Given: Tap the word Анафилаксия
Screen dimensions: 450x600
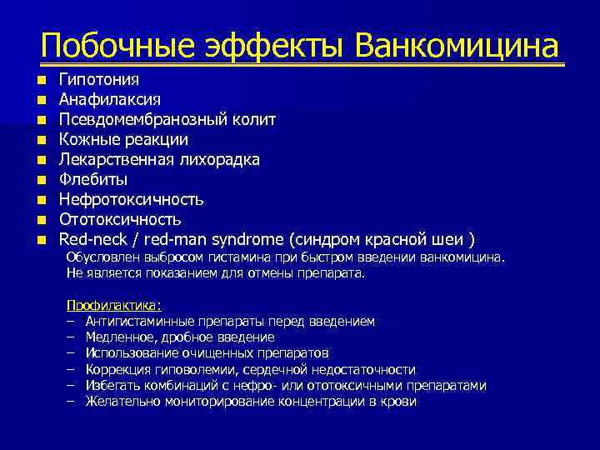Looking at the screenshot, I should (x=110, y=99).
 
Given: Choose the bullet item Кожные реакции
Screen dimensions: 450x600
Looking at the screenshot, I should (x=122, y=139).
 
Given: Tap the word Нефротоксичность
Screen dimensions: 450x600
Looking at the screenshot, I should (x=131, y=199).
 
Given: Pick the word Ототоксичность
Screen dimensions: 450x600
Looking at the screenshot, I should (x=119, y=219).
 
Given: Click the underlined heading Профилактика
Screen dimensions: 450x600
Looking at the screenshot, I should (x=113, y=305).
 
